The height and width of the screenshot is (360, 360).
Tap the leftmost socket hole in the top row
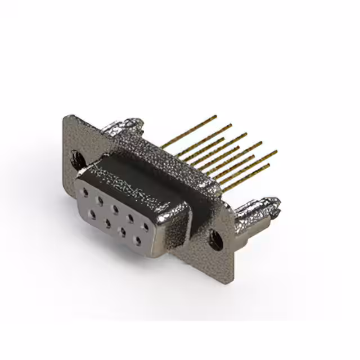pyautogui.click(x=85, y=192)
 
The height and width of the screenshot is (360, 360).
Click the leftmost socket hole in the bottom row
pyautogui.click(x=92, y=214)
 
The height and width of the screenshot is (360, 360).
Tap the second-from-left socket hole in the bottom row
pyautogui.click(x=106, y=222)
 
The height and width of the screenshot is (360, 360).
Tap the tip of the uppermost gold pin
pyautogui.click(x=215, y=117)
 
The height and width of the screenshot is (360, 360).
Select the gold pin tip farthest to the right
pyautogui.click(x=276, y=151)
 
